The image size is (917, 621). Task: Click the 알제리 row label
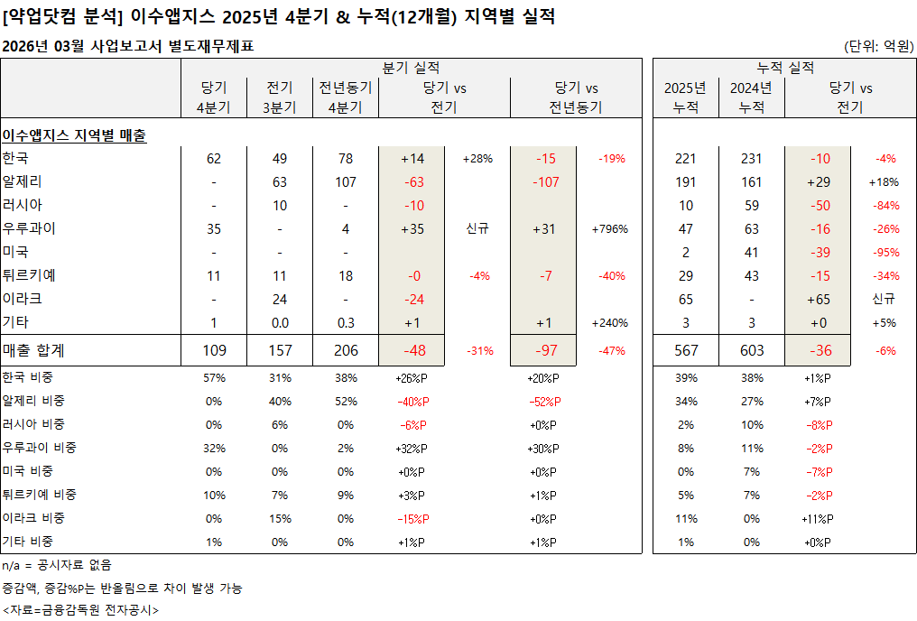coord(23,181)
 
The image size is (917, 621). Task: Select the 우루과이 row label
coord(30,228)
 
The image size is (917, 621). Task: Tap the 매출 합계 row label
coord(33,350)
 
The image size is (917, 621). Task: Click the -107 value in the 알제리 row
coord(546,182)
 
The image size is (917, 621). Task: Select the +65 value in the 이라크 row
coord(820,299)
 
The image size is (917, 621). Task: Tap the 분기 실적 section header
coord(411,68)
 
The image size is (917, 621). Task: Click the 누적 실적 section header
coord(784,68)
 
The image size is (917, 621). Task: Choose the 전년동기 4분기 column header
coord(346,97)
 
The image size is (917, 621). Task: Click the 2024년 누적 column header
coord(750,97)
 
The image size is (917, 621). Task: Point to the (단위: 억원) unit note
coord(878,46)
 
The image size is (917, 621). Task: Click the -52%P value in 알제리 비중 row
coord(544,401)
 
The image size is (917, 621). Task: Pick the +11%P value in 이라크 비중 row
coord(818,518)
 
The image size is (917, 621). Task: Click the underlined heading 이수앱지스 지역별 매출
coord(74,135)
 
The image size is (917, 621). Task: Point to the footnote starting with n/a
coord(57,565)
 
